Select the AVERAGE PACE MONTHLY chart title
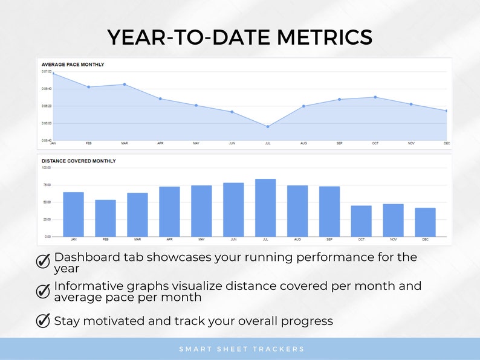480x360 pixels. pos(73,64)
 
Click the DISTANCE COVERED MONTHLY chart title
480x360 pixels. pos(79,161)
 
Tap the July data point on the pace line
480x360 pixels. pos(268,126)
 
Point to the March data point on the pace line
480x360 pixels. pos(125,85)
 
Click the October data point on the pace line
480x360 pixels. pos(375,97)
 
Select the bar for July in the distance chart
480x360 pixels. pos(265,207)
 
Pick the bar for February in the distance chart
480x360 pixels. pos(105,218)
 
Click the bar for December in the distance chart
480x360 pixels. pos(425,222)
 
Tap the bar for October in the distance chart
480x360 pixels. pos(361,220)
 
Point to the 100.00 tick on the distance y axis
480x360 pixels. pos(46,167)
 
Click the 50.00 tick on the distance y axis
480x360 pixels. pos(46,202)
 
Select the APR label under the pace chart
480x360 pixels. pos(160,143)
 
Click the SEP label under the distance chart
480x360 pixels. pos(329,240)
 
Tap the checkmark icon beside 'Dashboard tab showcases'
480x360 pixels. pos(43,261)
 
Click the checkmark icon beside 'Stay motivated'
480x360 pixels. pos(43,321)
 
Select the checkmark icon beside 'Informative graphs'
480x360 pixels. pos(43,291)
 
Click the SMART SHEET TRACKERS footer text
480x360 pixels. pos(241,349)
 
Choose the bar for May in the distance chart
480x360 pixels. pos(201,210)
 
